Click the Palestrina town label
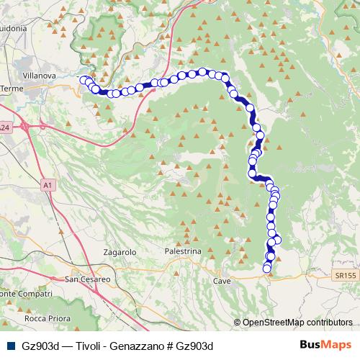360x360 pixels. coord(183,252)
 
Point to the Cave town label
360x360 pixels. coord(222,281)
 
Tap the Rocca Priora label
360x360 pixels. coord(45,318)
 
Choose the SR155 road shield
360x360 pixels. coord(344,276)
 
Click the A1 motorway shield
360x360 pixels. coord(48,185)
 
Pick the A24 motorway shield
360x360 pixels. coord(5,127)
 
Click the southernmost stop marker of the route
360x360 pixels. coord(267,269)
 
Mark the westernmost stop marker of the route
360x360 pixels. coord(84,80)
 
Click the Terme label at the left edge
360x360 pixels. coord(12,88)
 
